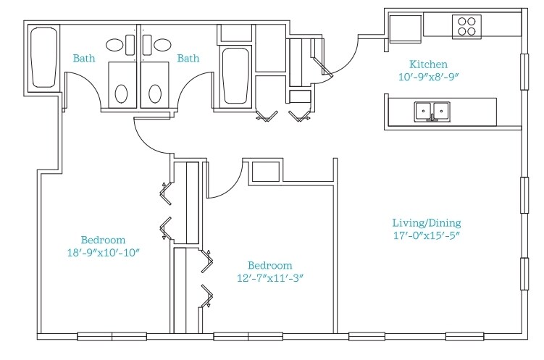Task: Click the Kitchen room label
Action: (x=428, y=64)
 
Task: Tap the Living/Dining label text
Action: (x=427, y=222)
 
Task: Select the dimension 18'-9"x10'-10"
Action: (x=104, y=253)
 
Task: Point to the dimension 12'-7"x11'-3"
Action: (x=270, y=278)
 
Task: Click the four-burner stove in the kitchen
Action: (x=466, y=27)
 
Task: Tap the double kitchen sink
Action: (x=432, y=112)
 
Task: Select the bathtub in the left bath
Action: (x=43, y=57)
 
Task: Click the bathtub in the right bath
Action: (x=235, y=76)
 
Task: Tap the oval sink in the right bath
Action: (x=162, y=45)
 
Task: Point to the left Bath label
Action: (x=84, y=58)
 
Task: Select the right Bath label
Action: (x=188, y=58)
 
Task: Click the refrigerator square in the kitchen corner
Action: (x=405, y=28)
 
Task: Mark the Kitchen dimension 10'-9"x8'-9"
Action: (x=428, y=77)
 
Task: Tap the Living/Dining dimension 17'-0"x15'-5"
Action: (x=427, y=235)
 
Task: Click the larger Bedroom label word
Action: (x=103, y=240)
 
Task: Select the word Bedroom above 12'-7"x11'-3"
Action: (x=270, y=265)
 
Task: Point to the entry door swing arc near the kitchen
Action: (x=350, y=62)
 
